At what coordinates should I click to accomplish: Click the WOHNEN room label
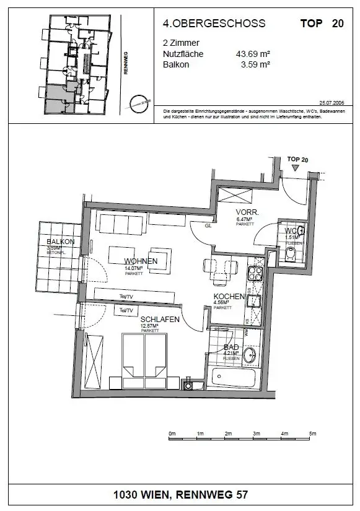coord(141,261)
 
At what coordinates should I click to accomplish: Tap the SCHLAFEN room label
coord(159,320)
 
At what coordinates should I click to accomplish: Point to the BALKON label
coord(61,242)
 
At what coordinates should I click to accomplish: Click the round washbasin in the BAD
coord(250,355)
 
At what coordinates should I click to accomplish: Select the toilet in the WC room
coord(290,253)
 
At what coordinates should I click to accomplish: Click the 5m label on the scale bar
coord(313,433)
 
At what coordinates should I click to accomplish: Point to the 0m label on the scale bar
coord(172,433)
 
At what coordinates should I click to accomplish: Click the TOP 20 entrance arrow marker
coord(295,167)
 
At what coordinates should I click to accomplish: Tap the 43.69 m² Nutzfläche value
coord(253,54)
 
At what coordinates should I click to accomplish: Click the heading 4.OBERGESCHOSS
coord(214,24)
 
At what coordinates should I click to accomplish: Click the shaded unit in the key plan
coord(58,99)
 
